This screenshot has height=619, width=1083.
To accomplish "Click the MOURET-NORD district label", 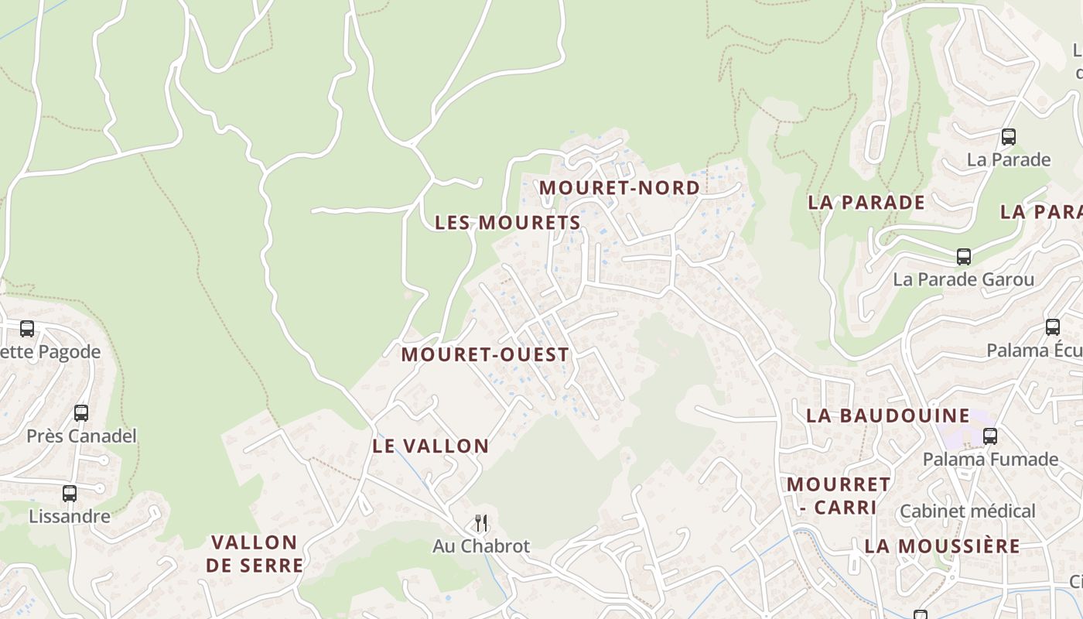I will click(x=619, y=187).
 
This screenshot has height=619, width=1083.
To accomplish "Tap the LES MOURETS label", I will click(x=507, y=223).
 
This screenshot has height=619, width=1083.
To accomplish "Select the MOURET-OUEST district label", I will click(x=485, y=355).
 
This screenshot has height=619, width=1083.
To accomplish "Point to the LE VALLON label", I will click(x=431, y=446).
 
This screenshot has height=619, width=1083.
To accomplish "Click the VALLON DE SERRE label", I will click(x=255, y=554).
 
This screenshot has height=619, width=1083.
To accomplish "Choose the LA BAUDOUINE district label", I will click(x=887, y=416).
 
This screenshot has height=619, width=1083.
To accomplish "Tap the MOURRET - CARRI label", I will click(x=839, y=496).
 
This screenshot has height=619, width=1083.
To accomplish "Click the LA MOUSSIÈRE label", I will click(x=942, y=546).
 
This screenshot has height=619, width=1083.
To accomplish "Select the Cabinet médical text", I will click(x=967, y=511).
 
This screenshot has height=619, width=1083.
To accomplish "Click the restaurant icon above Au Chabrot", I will click(x=481, y=523).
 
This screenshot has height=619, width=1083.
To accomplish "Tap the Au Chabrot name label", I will click(x=481, y=546).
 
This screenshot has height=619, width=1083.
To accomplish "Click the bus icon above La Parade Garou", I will click(x=963, y=257).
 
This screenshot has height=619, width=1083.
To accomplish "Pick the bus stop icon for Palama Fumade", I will click(x=989, y=436).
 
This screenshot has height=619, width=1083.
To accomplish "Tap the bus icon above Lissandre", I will click(x=70, y=494).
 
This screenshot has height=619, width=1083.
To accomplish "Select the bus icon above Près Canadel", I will click(x=81, y=413).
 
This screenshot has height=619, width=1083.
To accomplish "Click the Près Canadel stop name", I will click(x=81, y=436).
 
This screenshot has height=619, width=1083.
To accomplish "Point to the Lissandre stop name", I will click(x=70, y=516).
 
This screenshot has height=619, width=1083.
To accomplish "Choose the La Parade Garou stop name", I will click(x=963, y=279).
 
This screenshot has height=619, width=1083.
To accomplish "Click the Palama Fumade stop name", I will click(x=989, y=460).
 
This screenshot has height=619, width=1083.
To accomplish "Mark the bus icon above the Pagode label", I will click(x=27, y=329).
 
